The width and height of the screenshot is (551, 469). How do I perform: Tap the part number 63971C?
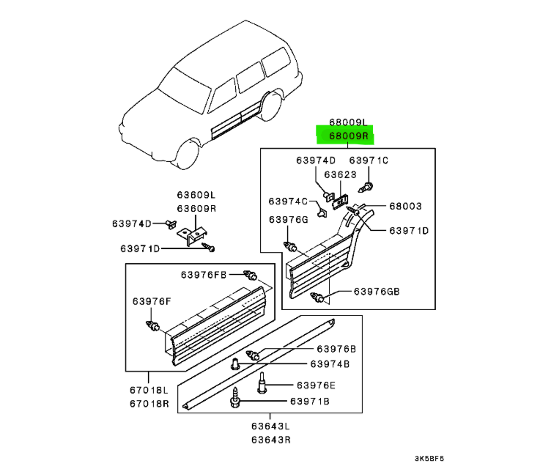pyautogui.click(x=368, y=160)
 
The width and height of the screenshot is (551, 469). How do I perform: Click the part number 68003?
pyautogui.click(x=405, y=207)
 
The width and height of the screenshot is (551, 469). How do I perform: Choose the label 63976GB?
pyautogui.click(x=377, y=292)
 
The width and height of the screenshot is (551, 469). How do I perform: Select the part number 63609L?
pyautogui.click(x=196, y=196)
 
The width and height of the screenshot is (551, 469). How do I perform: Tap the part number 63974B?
pyautogui.click(x=330, y=363)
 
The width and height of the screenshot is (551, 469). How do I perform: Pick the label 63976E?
pyautogui.click(x=316, y=385)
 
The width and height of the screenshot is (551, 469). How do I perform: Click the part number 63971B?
pyautogui.click(x=309, y=401)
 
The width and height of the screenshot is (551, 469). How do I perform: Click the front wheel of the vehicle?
pyautogui.click(x=188, y=156)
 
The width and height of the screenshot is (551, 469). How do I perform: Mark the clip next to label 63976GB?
pyautogui.click(x=320, y=298)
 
